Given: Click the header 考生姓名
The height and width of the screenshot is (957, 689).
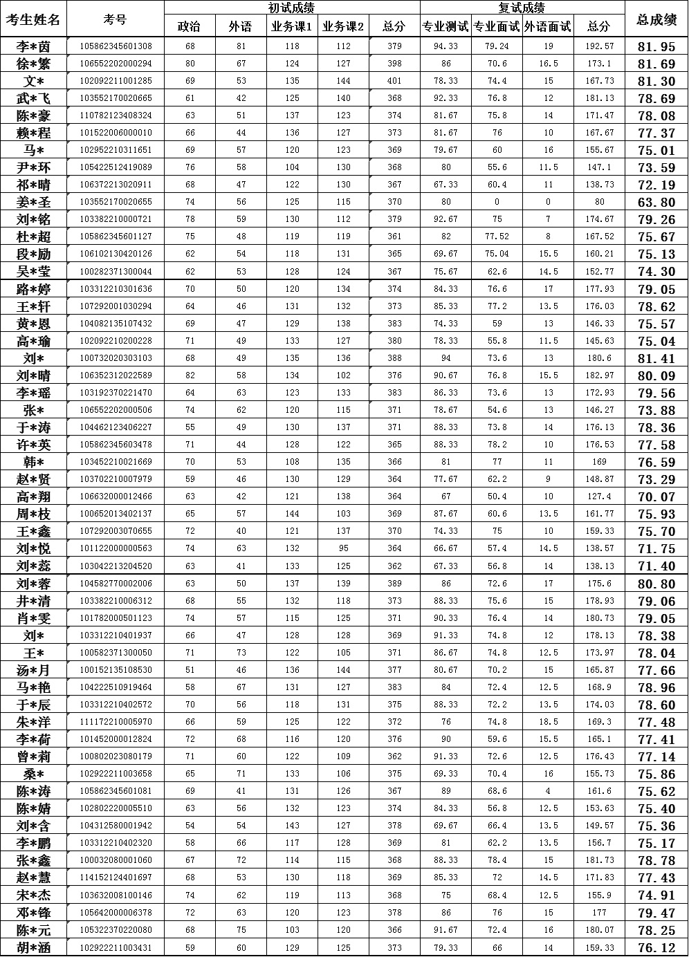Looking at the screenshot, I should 33,19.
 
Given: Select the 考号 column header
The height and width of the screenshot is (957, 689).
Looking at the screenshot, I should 115,19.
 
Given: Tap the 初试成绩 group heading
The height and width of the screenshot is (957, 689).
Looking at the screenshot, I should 291,8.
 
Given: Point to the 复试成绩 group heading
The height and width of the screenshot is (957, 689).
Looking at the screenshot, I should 522,8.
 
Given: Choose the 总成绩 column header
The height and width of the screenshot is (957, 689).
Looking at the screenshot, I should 656,19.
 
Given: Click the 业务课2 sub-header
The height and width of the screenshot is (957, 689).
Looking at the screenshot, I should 343,27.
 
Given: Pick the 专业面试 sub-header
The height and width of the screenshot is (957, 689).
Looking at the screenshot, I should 497,27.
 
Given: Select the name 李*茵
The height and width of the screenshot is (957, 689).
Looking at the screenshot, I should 33,46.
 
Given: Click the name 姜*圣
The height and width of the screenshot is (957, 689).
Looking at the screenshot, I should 33,202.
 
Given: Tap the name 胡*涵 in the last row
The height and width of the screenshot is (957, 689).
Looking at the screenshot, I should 33,947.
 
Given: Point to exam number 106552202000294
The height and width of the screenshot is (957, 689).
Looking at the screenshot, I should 116,64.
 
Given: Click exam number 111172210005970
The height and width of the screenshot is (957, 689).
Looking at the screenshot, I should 116,722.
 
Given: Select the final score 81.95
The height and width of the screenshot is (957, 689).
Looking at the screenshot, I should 656,47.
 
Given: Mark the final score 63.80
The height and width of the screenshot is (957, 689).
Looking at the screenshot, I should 656,203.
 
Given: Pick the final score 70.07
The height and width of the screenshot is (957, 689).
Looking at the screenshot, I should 656,496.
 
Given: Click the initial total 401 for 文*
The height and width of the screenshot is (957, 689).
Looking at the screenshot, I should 394,81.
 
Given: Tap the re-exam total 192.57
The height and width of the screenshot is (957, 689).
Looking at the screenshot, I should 599,46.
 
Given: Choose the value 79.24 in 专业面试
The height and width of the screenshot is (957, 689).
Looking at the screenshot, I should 497,46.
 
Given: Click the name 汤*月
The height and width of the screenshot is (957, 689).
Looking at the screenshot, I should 33,670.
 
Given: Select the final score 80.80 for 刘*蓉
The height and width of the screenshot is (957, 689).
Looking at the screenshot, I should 656,584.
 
